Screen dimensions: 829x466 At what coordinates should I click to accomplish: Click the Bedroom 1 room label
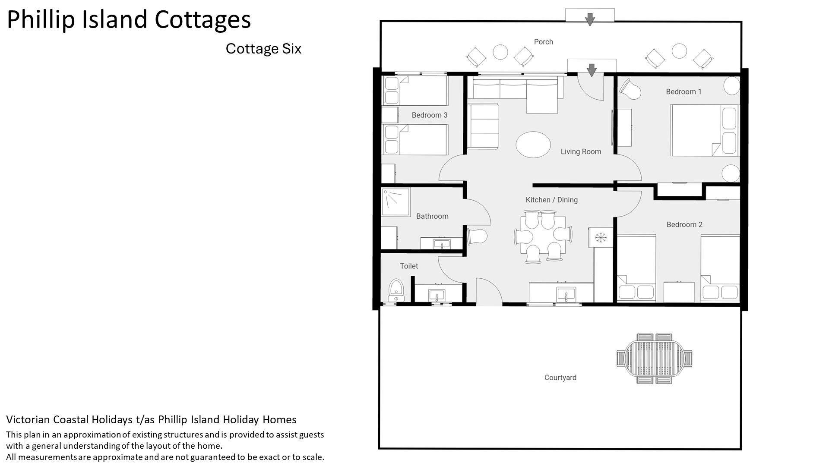683,91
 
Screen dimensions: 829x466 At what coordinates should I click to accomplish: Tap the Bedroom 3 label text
430,115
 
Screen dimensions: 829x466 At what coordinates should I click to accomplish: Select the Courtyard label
560,378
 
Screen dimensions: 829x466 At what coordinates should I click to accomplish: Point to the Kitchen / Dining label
551,200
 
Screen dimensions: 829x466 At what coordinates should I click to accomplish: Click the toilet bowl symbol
396,290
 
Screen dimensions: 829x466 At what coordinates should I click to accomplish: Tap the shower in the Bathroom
396,202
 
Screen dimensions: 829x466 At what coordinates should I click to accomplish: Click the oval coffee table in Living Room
533,145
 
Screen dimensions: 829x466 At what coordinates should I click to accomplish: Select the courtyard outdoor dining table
654,358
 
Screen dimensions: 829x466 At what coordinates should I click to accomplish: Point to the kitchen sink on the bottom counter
566,295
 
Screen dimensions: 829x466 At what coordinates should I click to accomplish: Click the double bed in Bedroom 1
704,130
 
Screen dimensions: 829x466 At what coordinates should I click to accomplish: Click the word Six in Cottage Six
291,48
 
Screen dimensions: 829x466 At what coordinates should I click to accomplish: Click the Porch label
543,42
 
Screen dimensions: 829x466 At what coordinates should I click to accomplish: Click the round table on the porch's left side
500,52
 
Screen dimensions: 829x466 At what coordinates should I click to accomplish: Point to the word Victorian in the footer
28,419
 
